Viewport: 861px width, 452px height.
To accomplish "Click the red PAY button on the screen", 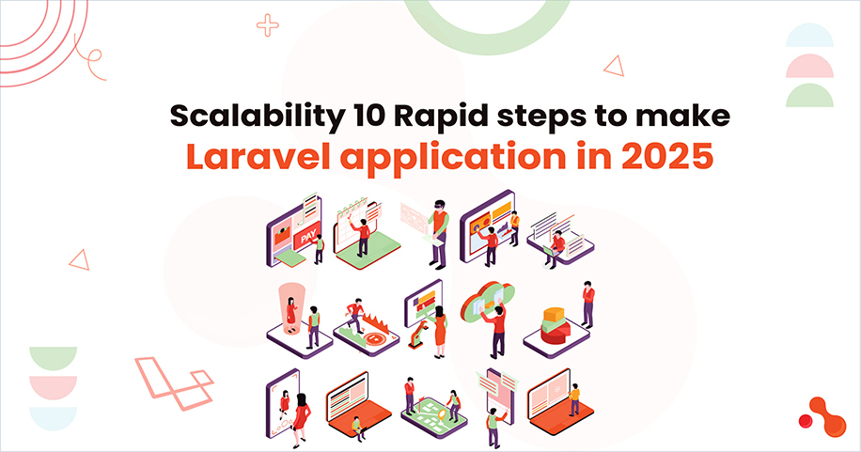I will click(305, 242).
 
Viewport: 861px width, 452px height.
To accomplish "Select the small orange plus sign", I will click(268, 25).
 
